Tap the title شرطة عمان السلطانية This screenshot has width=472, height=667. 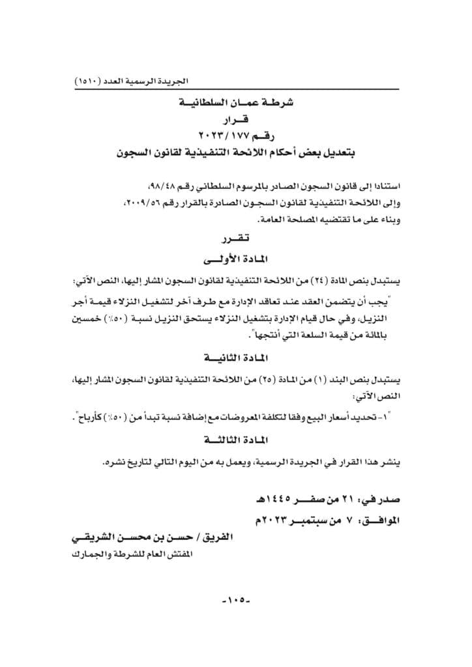click(235, 104)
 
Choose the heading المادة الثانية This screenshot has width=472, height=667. click(235, 358)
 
